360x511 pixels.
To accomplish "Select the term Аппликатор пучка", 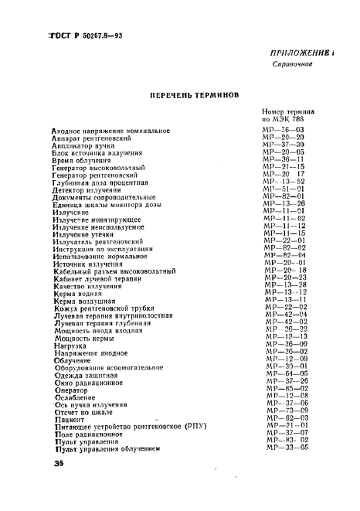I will click(83, 145).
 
